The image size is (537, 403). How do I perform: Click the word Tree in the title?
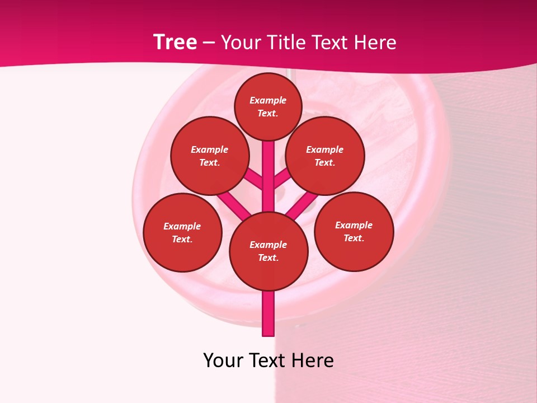click(175, 42)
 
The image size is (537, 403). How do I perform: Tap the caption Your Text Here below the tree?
click(268, 360)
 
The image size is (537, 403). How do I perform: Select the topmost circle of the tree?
click(268, 106)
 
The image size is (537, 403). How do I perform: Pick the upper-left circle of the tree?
click(210, 156)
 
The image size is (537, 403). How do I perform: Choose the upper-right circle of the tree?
click(325, 156)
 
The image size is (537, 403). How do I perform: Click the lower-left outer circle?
click(182, 232)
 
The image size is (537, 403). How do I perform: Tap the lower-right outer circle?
click(354, 231)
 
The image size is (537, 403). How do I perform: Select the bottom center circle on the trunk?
click(268, 251)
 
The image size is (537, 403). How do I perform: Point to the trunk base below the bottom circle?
click(268, 313)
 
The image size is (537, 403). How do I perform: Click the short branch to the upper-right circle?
click(282, 179)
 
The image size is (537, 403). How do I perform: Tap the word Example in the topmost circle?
click(268, 100)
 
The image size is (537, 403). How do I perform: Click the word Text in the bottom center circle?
click(267, 257)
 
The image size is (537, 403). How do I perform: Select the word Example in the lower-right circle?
click(354, 225)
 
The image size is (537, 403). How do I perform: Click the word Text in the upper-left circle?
click(209, 162)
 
